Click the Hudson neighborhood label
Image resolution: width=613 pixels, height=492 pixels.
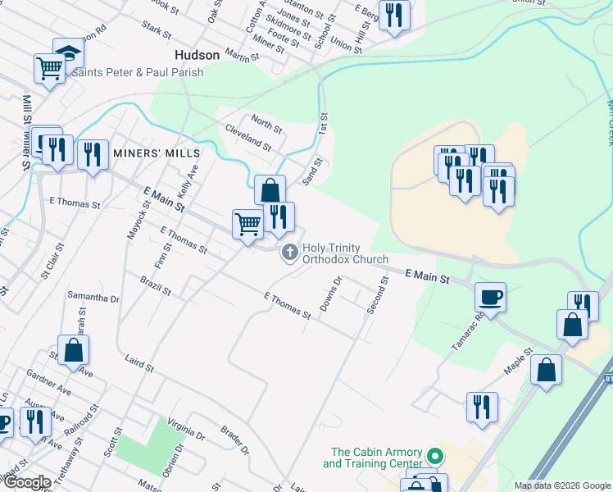[x=198, y=55]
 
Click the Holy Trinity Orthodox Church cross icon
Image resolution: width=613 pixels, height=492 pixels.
[x=289, y=253]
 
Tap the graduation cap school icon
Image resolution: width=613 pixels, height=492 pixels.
[x=69, y=53]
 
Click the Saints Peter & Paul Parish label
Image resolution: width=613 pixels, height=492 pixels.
[x=137, y=72]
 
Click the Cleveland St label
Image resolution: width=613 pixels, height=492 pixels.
[x=248, y=137]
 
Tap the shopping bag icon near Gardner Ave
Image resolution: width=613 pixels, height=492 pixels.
[x=74, y=350]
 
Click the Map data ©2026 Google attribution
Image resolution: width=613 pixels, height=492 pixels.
[x=562, y=485]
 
